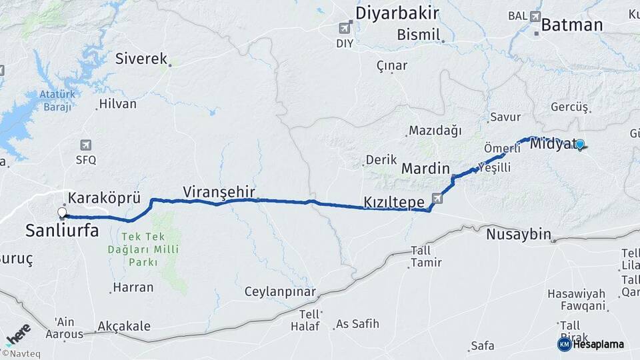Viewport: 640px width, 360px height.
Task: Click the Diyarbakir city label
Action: pos(397,13)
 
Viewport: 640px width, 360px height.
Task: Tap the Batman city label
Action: pos(571,25)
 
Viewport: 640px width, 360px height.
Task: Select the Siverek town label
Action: pos(141,59)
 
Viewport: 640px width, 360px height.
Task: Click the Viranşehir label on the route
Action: pos(219,191)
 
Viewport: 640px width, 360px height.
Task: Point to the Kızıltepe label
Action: pos(395,201)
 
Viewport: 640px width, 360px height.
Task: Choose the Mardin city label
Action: pos(425,169)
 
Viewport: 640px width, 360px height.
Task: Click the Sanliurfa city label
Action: pos(62,231)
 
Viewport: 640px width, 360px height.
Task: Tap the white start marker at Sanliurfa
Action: pos(62,213)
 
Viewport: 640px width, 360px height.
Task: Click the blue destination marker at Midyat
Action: pos(579,144)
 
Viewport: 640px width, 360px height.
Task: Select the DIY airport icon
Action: pos(345,28)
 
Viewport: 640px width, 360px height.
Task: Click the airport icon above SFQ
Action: pos(85,145)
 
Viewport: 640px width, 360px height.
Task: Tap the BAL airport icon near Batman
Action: pos(535,15)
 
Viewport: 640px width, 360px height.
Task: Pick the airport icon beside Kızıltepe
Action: pos(437,198)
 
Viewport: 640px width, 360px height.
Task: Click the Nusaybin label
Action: pos(518,234)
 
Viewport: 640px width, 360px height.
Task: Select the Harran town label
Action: pos(133,288)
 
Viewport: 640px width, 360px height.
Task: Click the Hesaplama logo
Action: pos(591,344)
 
